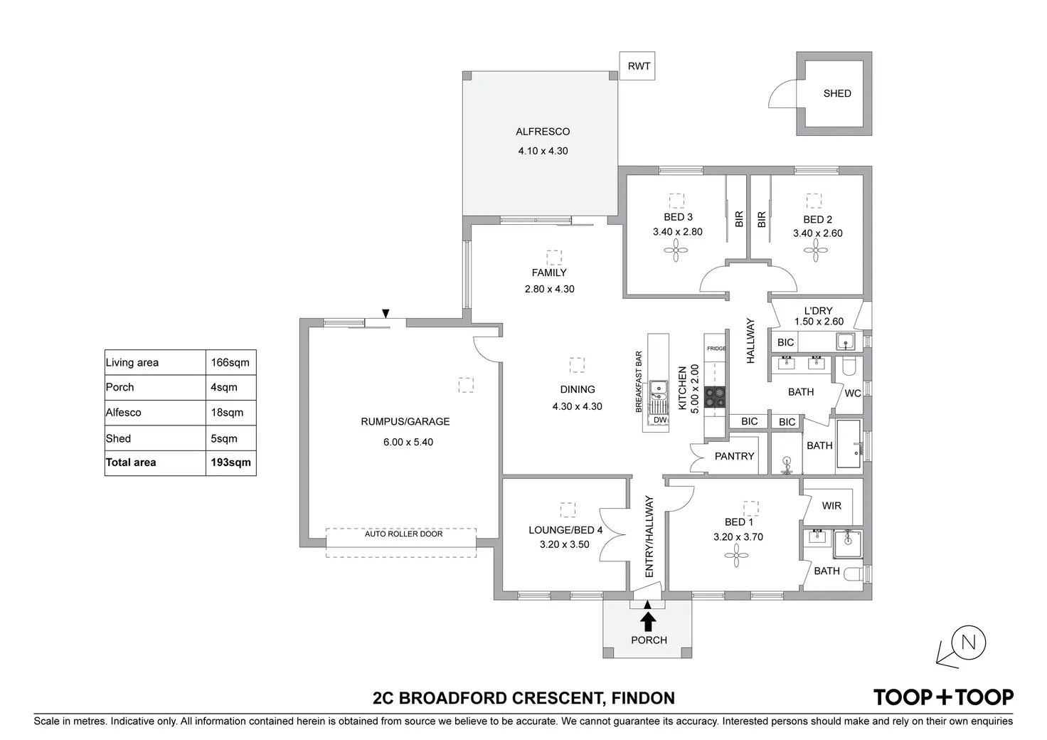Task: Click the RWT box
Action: [x=638, y=66]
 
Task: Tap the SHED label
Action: [x=836, y=93]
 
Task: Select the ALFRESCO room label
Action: [x=543, y=132]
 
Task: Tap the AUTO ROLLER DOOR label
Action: [x=403, y=534]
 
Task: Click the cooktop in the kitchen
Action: [x=714, y=397]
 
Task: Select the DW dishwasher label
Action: [x=659, y=420]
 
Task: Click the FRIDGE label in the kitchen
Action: [x=716, y=349]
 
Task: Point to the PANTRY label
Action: [x=734, y=456]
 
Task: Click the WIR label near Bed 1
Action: [x=831, y=506]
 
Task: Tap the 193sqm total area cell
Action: [x=230, y=462]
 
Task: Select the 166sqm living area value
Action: [x=230, y=363]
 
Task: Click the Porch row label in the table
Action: [x=119, y=388]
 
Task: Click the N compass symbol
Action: [x=967, y=643]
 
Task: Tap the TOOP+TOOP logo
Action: [x=943, y=697]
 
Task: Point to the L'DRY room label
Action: [x=818, y=311]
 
